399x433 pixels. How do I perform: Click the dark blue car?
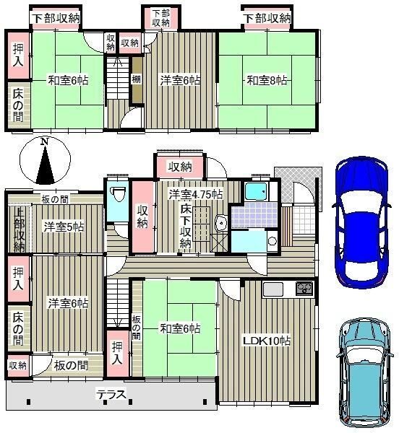361,222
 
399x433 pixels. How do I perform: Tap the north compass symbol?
45,160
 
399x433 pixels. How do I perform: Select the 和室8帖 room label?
267,81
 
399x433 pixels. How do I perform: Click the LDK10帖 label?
267,341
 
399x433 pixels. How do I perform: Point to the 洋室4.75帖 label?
196,194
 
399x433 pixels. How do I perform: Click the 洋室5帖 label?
64,227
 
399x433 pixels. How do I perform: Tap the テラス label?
111,394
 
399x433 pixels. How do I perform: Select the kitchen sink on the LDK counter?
273,289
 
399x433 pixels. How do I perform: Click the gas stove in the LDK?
304,289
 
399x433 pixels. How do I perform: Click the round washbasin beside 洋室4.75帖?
221,222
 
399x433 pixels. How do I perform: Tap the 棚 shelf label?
136,79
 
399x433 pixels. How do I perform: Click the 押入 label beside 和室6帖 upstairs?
18,56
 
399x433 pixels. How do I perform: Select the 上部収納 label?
19,229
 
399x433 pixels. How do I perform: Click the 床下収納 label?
186,226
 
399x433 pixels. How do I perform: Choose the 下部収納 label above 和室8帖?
267,19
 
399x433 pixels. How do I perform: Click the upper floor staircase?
118,78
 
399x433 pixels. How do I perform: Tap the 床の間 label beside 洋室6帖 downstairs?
18,328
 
